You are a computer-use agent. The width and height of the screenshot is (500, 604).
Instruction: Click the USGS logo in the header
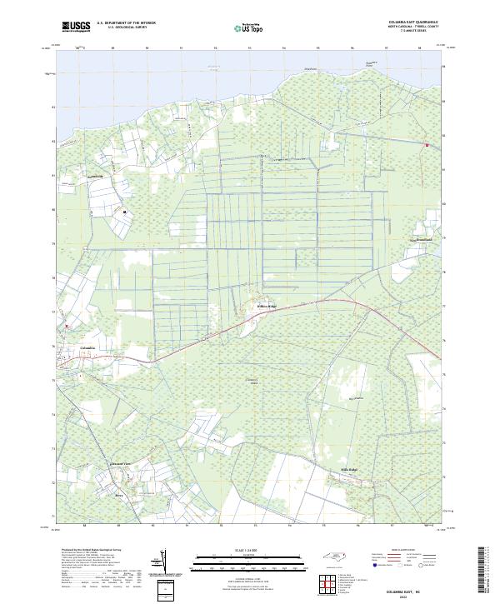[76, 26]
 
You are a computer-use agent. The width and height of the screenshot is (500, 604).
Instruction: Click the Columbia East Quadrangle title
[414, 22]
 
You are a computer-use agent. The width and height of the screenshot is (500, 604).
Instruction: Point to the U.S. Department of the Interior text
[126, 22]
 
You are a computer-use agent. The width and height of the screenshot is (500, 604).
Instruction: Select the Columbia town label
[87, 347]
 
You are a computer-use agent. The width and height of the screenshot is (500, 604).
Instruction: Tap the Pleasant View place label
[122, 463]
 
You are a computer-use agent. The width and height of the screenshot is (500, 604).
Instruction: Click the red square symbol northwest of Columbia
[68, 326]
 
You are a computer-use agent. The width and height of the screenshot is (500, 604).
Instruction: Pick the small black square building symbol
[125, 212]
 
